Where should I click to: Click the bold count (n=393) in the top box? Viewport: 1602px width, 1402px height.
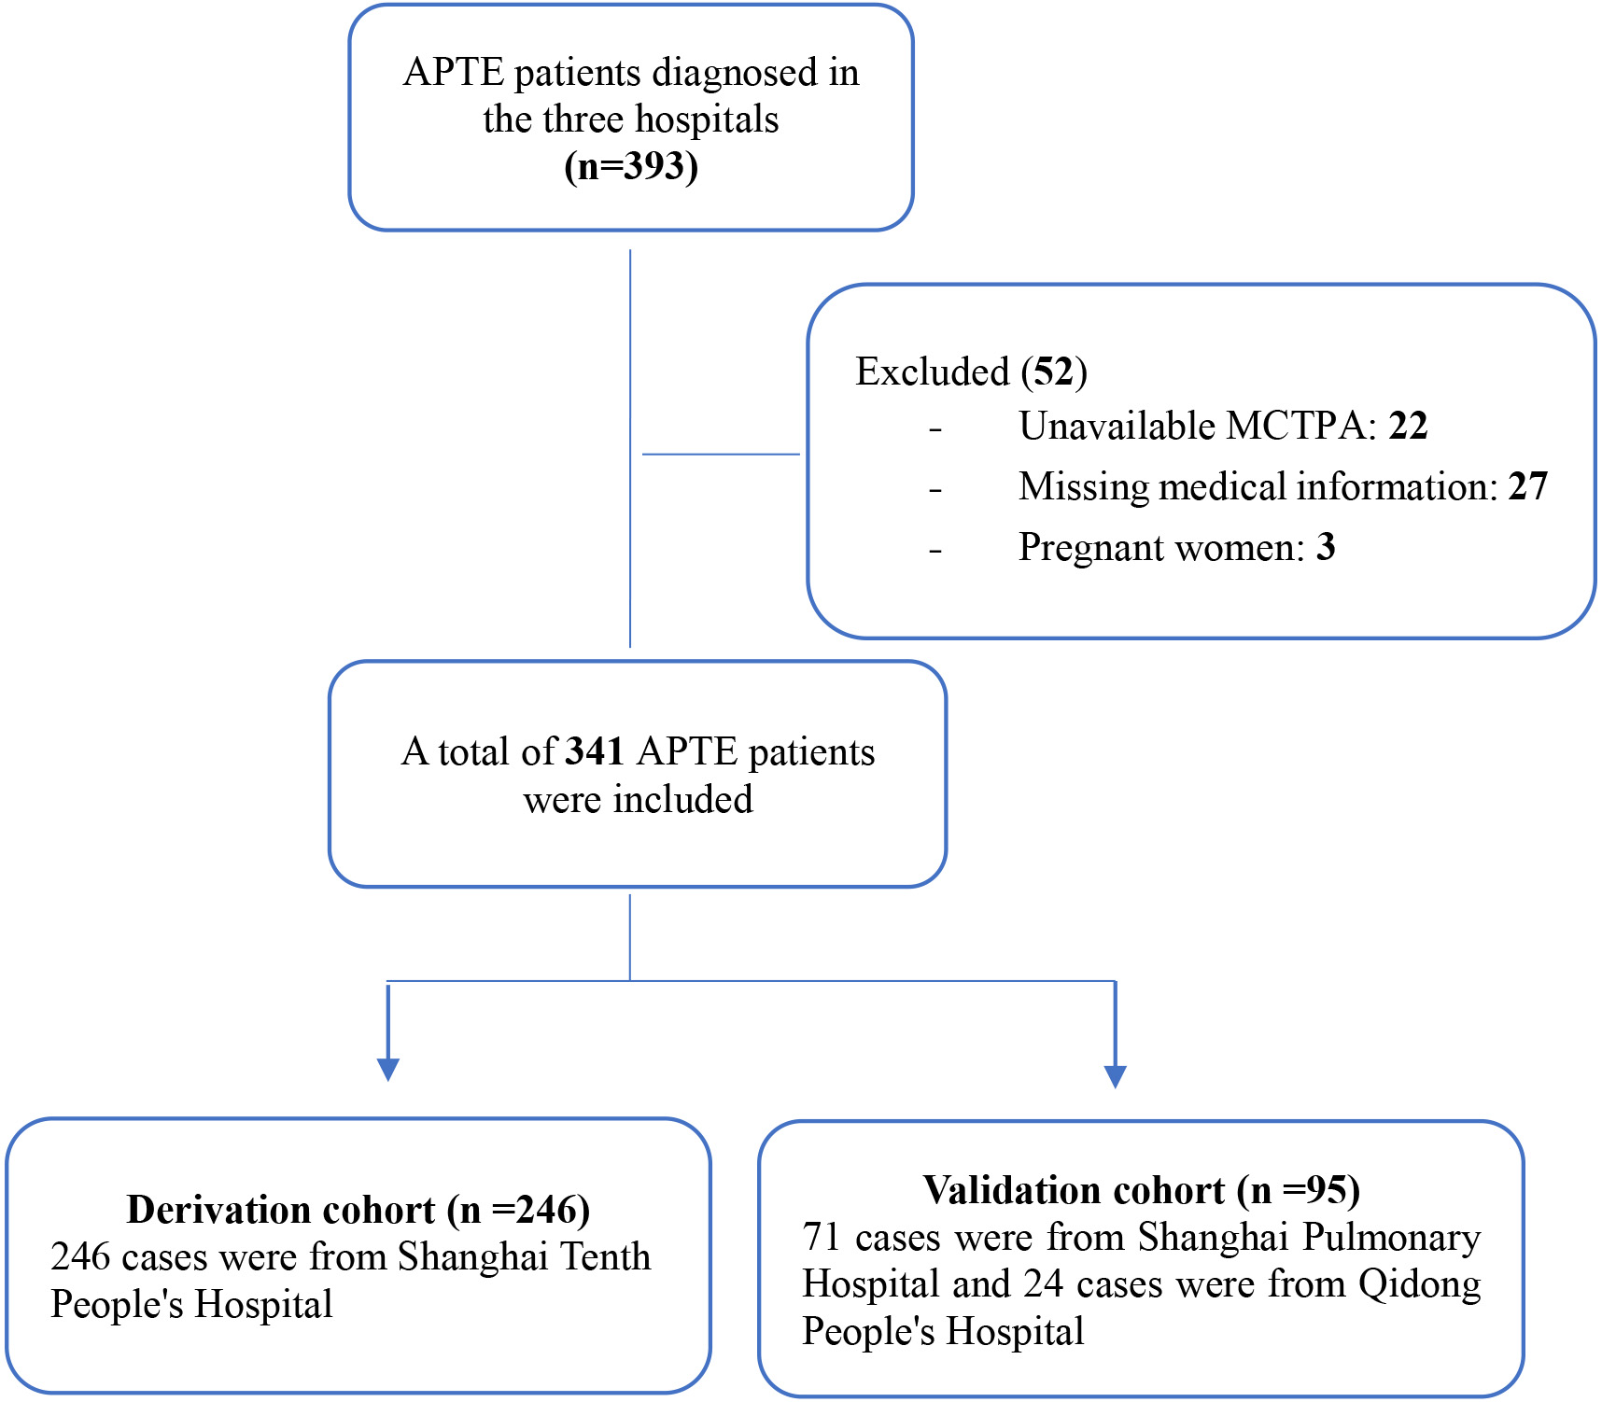(631, 167)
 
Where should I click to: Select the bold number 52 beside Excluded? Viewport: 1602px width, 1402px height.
(1054, 372)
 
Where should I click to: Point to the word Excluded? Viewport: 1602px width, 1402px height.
(933, 372)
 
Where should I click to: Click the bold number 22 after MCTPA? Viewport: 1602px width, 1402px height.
(1409, 426)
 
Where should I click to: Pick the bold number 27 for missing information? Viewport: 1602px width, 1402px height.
(1528, 486)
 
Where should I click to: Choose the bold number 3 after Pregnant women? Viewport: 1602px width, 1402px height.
(1326, 547)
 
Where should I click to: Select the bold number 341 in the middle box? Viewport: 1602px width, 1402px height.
(595, 751)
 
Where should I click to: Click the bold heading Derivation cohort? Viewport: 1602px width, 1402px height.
(281, 1210)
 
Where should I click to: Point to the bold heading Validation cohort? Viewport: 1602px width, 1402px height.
(1074, 1190)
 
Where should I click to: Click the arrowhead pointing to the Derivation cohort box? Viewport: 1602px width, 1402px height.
(388, 1070)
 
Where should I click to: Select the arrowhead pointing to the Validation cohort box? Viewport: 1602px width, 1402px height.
(1115, 1077)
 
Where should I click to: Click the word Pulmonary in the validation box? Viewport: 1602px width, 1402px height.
(1392, 1238)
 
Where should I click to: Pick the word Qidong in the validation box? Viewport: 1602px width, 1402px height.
(1420, 1284)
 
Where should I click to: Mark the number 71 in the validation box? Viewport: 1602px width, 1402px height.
(822, 1238)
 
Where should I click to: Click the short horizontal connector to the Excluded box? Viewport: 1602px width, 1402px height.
(721, 455)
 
